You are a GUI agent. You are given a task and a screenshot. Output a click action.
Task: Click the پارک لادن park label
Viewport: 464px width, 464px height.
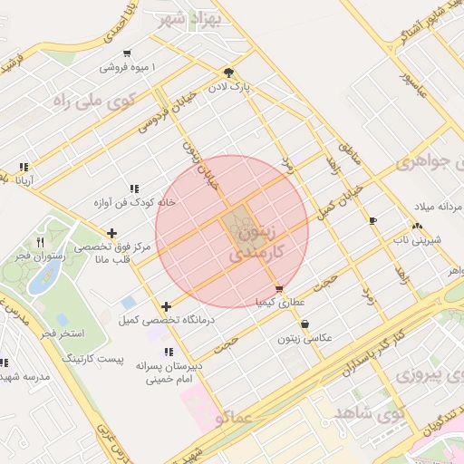click(x=251, y=89)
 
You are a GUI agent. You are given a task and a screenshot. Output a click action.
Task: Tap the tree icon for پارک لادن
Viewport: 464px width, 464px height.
click(x=229, y=73)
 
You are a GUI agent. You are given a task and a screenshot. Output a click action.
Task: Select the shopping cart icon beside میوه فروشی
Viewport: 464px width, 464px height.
click(x=126, y=53)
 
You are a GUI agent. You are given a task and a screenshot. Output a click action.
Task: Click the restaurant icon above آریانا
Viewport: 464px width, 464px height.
click(x=23, y=167)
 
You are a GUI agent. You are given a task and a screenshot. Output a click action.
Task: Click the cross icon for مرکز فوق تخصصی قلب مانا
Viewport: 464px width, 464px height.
click(x=111, y=233)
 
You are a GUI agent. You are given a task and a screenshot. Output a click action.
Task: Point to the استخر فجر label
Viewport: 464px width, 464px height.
click(x=59, y=334)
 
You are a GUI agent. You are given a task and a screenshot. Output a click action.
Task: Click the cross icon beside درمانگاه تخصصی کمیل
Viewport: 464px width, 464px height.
click(x=165, y=306)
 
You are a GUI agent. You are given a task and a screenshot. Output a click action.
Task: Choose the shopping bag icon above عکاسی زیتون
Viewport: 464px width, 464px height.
click(x=304, y=324)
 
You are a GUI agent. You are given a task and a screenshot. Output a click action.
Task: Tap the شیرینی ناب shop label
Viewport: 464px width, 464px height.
click(x=414, y=240)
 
